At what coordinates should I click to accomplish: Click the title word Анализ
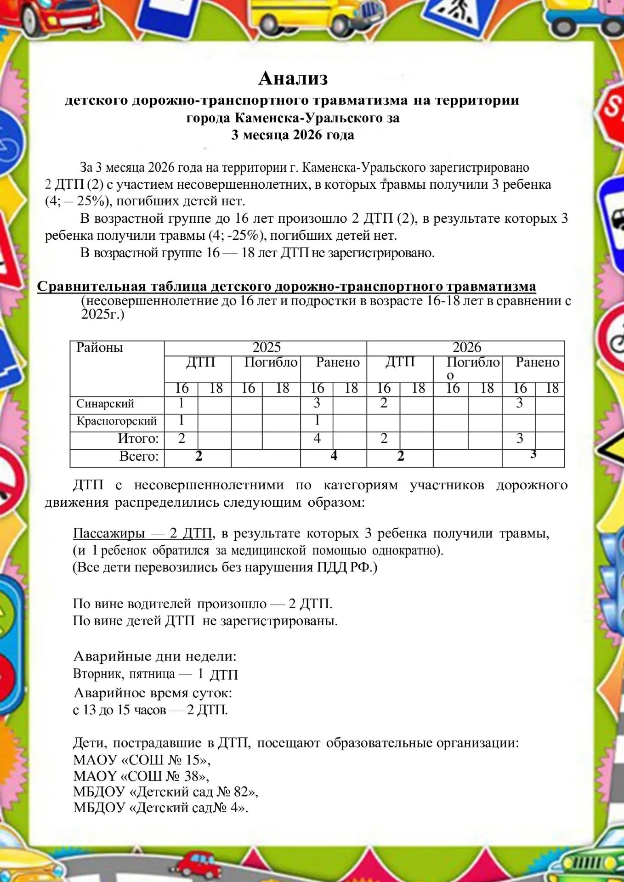click(293, 78)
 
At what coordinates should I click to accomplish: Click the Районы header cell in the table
click(100, 348)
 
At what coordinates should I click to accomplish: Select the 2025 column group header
click(266, 347)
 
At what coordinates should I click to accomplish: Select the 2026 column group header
click(466, 347)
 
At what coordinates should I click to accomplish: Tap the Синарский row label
click(105, 404)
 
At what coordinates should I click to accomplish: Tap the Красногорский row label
click(117, 421)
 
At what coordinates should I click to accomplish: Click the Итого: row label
click(138, 439)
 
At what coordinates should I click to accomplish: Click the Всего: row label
click(139, 457)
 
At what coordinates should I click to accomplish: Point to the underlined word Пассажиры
click(109, 533)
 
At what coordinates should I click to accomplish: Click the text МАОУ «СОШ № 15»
click(142, 760)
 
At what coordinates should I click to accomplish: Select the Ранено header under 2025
click(338, 362)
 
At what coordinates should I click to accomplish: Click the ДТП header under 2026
click(400, 362)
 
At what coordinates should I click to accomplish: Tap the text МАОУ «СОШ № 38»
click(141, 776)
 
